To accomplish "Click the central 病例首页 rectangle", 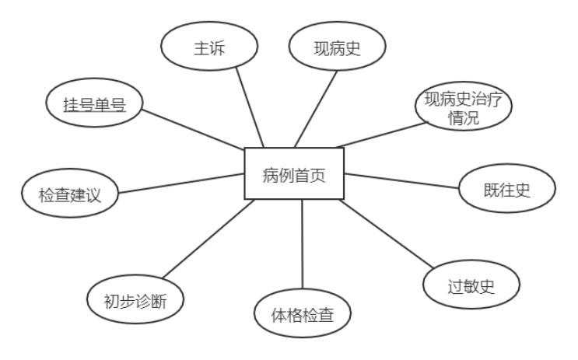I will [294, 173].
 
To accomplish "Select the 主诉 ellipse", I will [208, 48].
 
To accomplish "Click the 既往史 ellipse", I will [506, 190].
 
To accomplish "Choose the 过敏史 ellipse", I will [471, 286].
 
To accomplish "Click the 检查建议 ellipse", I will [69, 194].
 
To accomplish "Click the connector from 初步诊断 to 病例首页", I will [208, 239].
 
